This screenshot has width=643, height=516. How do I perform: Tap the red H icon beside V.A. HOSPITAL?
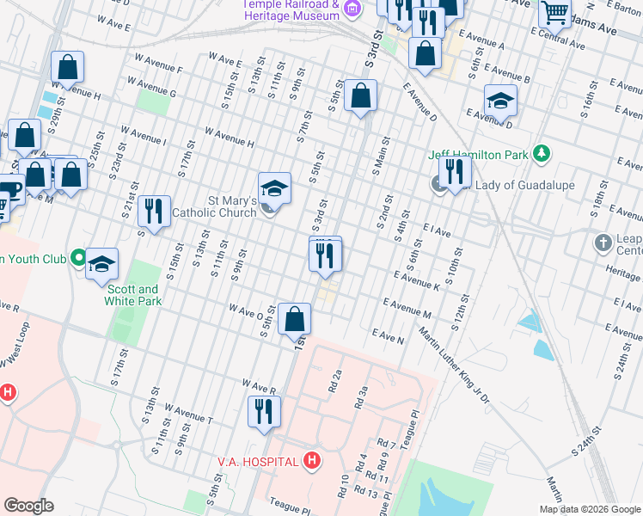(312, 462)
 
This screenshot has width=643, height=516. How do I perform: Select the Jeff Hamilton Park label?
(479, 155)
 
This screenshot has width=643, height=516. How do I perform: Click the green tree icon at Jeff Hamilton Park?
(541, 154)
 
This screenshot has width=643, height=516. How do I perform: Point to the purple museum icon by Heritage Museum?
(351, 9)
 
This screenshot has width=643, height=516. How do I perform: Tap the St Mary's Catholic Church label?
(215, 206)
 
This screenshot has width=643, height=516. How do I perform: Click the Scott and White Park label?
(132, 296)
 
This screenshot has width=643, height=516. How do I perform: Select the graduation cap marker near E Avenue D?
(500, 102)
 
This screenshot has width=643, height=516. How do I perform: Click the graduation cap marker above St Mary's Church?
(274, 188)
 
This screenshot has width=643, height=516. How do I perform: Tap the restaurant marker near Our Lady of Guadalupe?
(455, 172)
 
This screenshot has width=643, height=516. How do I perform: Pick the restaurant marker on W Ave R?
(265, 411)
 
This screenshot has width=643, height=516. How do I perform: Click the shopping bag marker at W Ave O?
(294, 319)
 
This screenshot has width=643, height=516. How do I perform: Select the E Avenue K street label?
(417, 279)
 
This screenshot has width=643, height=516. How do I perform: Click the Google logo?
(28, 506)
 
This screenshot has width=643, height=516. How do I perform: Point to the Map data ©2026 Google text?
(590, 509)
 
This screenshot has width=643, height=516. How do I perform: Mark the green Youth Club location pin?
(78, 257)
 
